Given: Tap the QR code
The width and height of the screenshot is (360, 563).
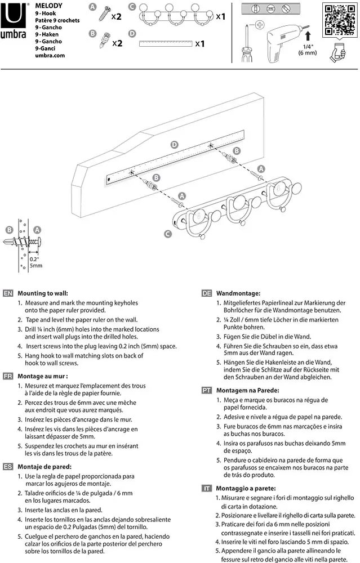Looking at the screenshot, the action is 340,20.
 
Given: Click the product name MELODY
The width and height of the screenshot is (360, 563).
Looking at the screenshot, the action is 48,6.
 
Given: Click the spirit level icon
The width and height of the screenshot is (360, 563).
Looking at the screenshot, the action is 270,8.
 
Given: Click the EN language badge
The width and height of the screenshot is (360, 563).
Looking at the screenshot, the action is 8,293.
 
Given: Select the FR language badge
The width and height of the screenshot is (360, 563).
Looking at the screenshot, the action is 8,376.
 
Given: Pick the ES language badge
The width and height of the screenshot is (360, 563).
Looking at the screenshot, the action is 8,467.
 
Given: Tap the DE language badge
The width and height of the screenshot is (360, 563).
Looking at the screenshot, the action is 207,293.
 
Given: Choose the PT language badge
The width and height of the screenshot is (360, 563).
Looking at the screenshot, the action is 207,390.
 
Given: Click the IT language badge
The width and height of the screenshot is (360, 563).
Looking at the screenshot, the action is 207,488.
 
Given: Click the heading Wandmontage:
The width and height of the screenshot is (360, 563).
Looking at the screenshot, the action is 238,293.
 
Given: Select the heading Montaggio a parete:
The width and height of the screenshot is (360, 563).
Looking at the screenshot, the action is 246,488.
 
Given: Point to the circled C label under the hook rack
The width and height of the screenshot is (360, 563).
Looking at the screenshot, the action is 168,234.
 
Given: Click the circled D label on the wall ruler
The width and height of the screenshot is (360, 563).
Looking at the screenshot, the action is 174,145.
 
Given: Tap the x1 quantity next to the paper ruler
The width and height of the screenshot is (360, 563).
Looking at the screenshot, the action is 200,44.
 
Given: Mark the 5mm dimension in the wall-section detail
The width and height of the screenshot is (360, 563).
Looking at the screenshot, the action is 36,266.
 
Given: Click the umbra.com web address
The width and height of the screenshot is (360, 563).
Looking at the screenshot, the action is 50,55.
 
